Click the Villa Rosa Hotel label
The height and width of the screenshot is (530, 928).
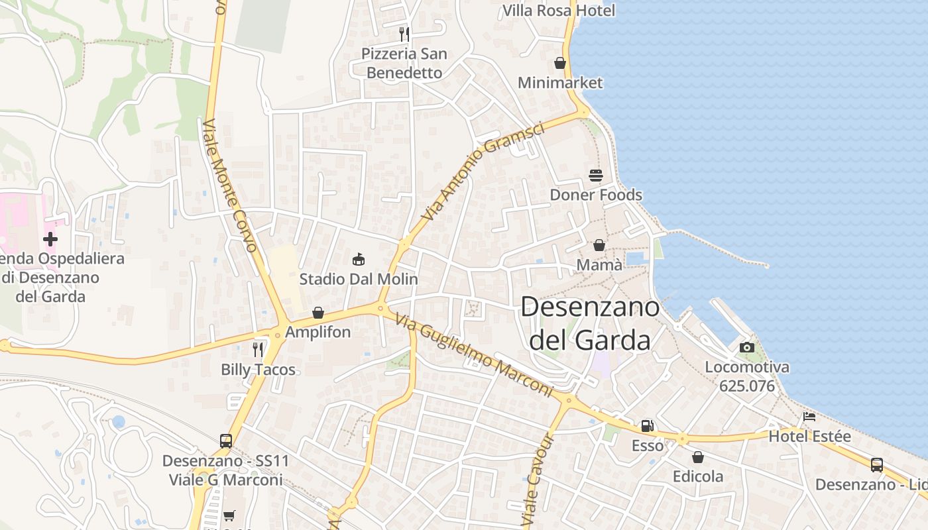pos(559,11)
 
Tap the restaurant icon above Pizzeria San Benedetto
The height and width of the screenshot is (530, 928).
pos(404,34)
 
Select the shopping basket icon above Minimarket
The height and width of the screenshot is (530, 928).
pos(560,63)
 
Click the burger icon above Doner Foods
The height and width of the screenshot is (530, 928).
pos(596,176)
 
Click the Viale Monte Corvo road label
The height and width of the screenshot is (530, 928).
pos(230,186)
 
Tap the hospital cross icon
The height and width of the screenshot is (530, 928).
pos(50,238)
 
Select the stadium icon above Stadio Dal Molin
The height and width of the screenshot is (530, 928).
pos(359,259)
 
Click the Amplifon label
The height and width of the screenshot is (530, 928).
pos(318,332)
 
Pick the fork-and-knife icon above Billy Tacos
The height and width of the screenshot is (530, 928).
pos(258,349)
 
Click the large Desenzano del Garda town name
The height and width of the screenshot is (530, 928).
pos(590,323)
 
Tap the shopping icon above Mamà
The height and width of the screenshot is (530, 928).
pos(599,245)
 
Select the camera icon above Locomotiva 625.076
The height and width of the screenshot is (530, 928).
pos(747,347)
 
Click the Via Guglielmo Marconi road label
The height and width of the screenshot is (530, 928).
pos(474,356)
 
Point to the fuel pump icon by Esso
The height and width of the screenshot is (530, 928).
pos(647,426)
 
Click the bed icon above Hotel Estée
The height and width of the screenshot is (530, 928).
pos(809,417)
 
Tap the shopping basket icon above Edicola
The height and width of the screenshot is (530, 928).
pos(698,457)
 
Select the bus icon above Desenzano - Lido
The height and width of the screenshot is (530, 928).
pos(877,465)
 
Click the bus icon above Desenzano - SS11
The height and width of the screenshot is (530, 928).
pos(226,441)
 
